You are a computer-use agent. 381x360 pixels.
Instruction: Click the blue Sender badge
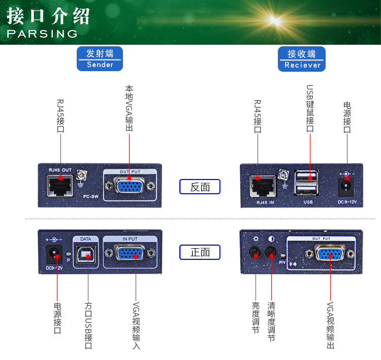tap(100, 59)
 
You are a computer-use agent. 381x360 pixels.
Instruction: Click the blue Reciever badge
tap(302, 59)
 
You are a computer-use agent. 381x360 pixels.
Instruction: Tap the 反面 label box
tap(200, 187)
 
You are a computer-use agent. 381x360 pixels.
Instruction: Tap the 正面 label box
tap(200, 252)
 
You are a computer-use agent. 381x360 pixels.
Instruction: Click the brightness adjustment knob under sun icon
tap(255, 253)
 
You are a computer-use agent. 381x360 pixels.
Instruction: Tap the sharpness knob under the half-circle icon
tap(271, 253)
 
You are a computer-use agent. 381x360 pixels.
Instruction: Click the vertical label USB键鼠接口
tap(309, 108)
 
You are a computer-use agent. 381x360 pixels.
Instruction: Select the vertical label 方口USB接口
tap(88, 326)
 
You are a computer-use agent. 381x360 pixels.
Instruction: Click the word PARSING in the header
tap(42, 34)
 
